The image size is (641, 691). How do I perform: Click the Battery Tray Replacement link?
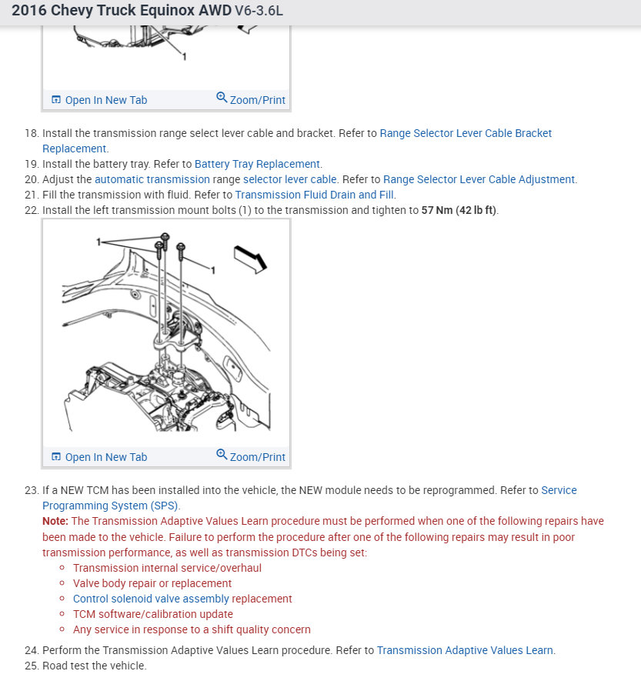click(x=257, y=164)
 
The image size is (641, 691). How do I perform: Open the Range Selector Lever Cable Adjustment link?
click(x=479, y=179)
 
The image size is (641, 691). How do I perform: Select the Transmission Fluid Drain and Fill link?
click(x=315, y=195)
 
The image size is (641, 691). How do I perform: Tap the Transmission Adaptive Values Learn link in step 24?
click(x=465, y=650)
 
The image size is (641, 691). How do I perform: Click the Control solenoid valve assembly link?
click(x=151, y=599)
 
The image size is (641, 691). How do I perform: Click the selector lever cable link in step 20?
click(x=289, y=179)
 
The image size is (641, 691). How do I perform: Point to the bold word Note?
click(x=55, y=521)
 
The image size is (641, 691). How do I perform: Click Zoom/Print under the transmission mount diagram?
click(x=251, y=456)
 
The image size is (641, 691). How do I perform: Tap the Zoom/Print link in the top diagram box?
click(x=251, y=99)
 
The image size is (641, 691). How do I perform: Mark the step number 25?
click(x=31, y=666)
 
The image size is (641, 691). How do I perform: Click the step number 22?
click(x=31, y=210)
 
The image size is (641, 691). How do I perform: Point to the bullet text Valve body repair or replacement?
click(x=152, y=583)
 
